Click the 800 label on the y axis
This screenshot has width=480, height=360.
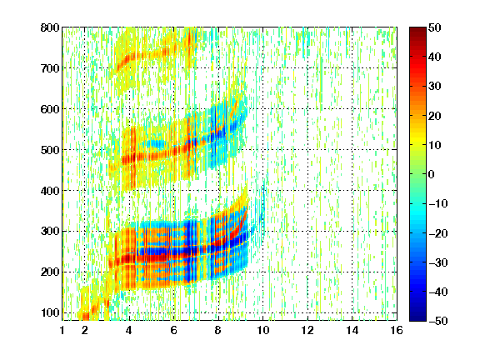tap(50, 27)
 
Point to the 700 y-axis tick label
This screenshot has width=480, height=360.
tap(50, 68)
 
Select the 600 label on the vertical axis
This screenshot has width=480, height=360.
tap(50, 109)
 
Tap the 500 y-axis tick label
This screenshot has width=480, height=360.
tap(50, 150)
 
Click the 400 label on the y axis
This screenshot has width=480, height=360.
tap(50, 191)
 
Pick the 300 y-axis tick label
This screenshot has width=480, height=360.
tap(50, 232)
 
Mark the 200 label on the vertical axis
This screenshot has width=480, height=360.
tap(50, 272)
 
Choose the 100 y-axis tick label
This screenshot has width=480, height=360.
tap(50, 313)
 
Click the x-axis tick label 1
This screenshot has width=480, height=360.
tap(62, 330)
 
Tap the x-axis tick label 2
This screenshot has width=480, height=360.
tap(85, 330)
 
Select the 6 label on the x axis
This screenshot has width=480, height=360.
tap(174, 330)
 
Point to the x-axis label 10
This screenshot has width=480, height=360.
tap(262, 330)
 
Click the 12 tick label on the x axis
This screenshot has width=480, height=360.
tap(307, 330)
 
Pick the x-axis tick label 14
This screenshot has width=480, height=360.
tap(352, 330)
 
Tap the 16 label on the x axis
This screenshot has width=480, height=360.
tap(397, 330)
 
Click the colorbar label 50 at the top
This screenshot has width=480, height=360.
tap(434, 27)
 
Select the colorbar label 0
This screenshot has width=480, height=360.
tap(432, 174)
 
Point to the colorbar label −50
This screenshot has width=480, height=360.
tap(438, 321)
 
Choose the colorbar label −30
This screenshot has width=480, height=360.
tap(438, 262)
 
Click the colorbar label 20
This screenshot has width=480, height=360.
tap(434, 116)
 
